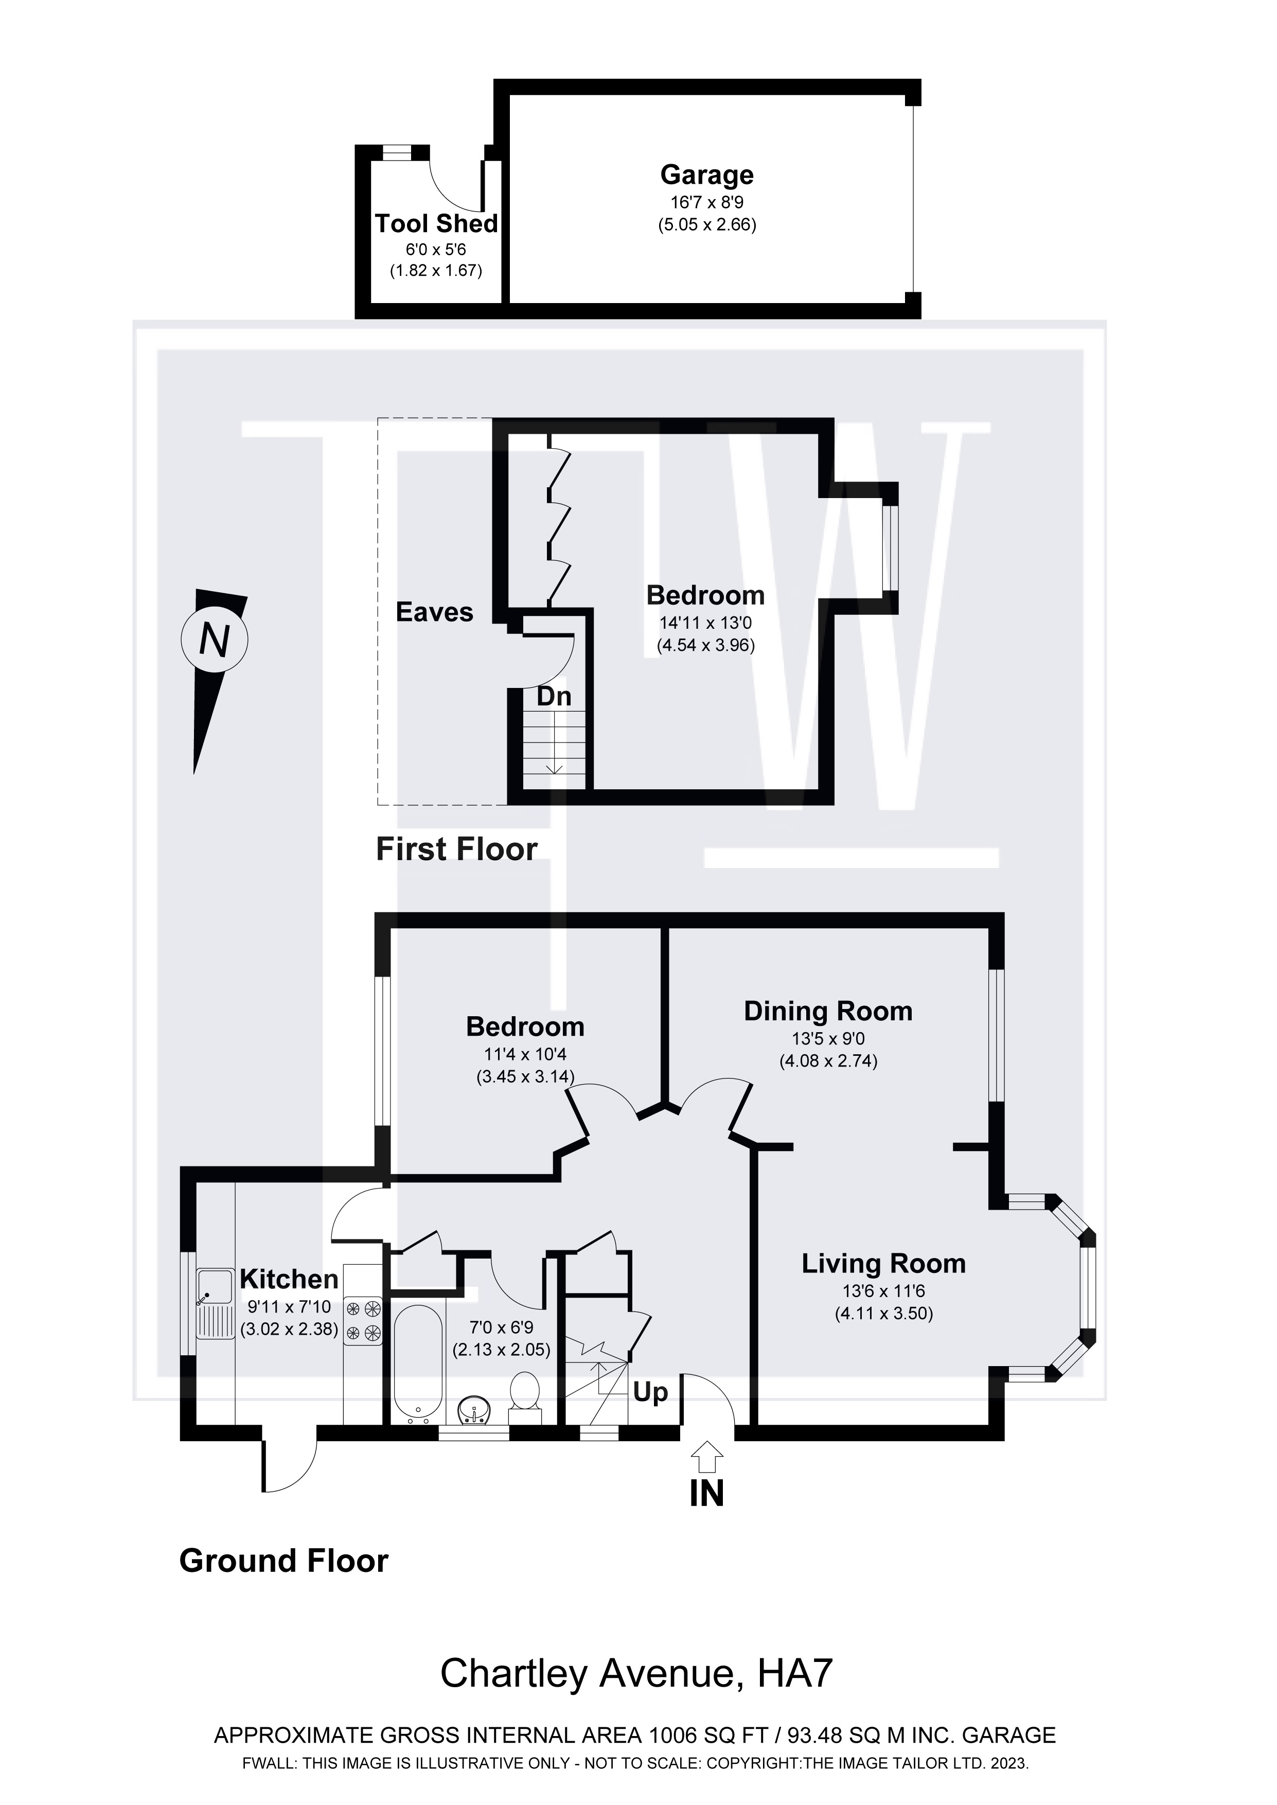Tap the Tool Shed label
coord(436,224)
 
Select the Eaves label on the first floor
coord(434,612)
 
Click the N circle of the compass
coord(215,640)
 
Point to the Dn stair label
coord(554,697)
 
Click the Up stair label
coord(650,1392)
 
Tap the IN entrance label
coord(706,1494)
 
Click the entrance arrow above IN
coord(707,1456)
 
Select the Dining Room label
coord(828,1011)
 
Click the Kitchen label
coord(289,1279)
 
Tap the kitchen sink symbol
coord(215,1305)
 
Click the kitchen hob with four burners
coord(363,1321)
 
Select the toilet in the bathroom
coord(524,1394)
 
